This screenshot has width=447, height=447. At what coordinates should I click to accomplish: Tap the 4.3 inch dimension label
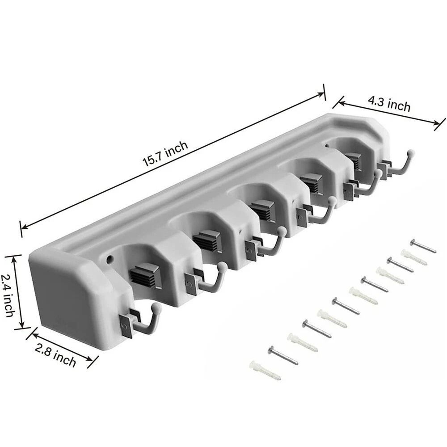tap(389, 105)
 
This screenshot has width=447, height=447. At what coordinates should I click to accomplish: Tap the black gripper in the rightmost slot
tap(353, 160)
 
